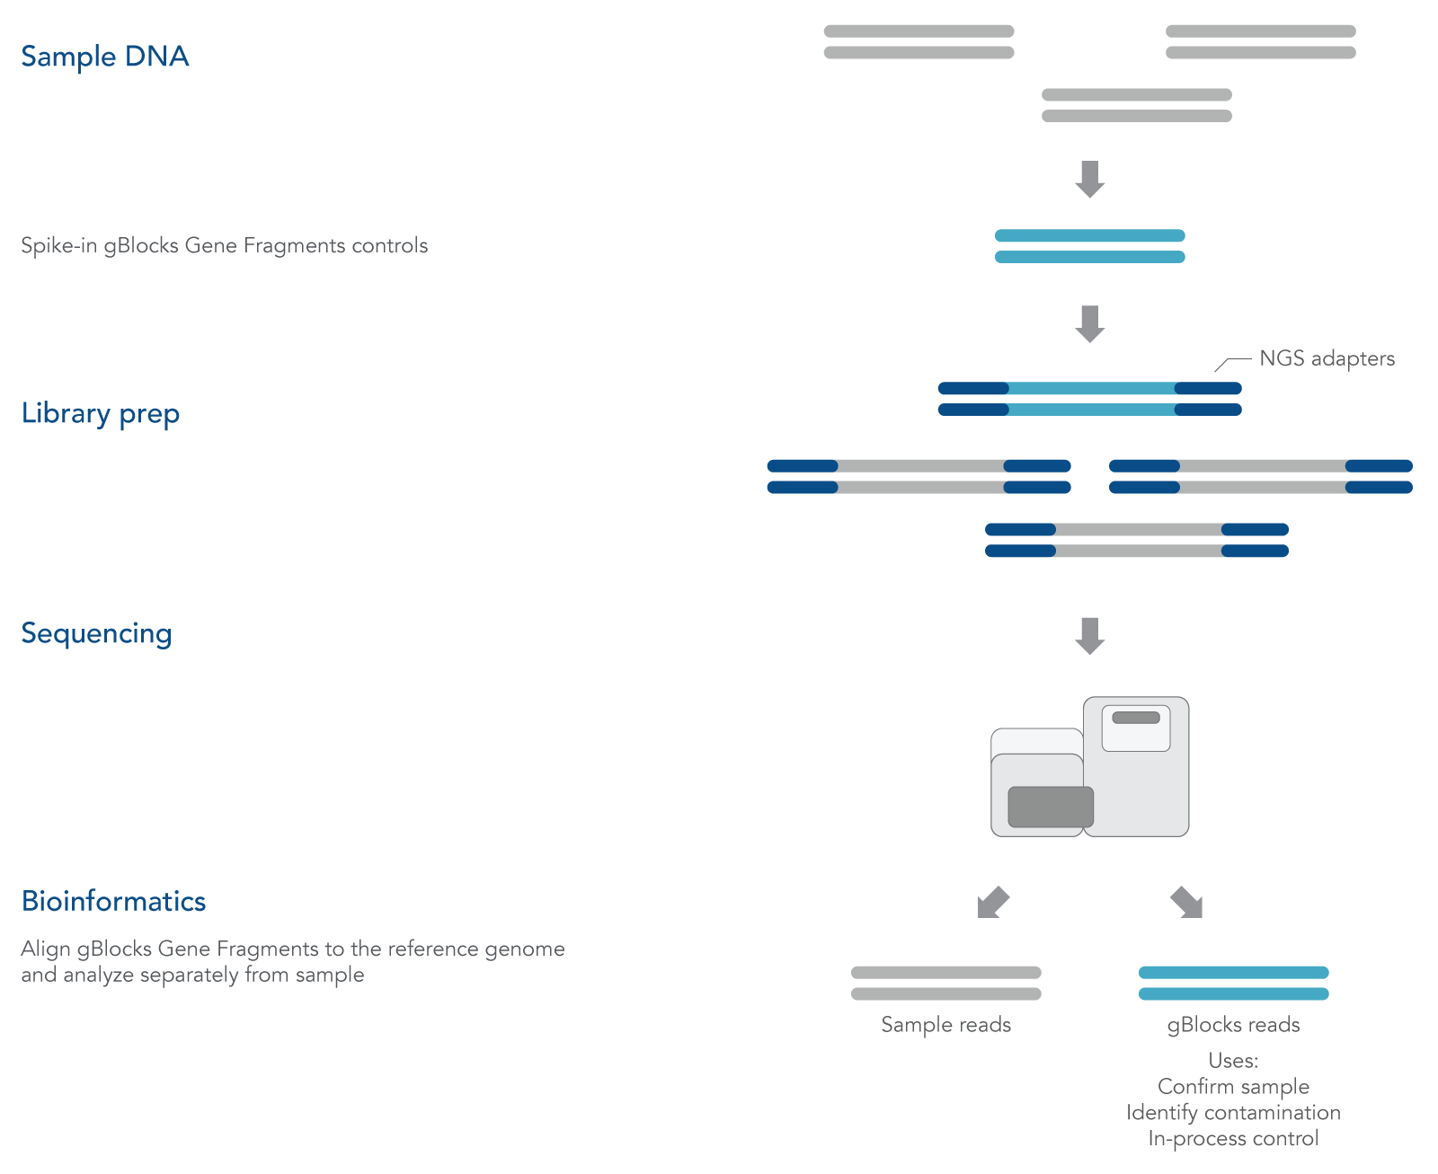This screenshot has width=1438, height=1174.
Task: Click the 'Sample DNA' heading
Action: point(104,57)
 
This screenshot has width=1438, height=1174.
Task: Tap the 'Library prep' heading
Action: point(100,413)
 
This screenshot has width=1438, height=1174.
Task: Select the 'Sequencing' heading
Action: point(96,633)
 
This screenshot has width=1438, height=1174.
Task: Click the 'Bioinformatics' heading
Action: point(113,901)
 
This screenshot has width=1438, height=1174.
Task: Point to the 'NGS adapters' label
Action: point(1327,358)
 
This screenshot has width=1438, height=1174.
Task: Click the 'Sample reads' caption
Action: point(945,1025)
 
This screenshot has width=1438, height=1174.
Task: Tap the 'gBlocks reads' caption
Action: point(1233,1025)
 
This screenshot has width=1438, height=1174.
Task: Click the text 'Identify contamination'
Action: point(1233,1113)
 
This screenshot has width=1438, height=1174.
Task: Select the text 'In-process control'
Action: point(1233,1139)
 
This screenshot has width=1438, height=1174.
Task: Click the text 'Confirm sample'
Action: point(1233,1087)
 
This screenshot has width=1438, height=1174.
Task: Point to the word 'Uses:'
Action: point(1233,1061)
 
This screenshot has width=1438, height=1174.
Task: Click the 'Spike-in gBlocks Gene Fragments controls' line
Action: point(224,246)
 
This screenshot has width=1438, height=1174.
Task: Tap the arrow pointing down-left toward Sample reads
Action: point(993,903)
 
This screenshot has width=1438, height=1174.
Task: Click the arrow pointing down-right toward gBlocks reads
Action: point(1186,903)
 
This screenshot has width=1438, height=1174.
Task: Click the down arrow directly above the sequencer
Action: point(1090,635)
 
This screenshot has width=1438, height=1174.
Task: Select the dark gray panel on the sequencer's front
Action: point(1051,807)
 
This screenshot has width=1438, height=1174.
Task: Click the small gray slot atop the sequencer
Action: point(1136,718)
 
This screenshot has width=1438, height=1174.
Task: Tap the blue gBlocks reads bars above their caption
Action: point(1233,983)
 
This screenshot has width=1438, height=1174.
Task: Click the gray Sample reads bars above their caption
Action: point(945,983)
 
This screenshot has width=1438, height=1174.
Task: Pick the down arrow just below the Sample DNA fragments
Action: point(1090,179)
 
